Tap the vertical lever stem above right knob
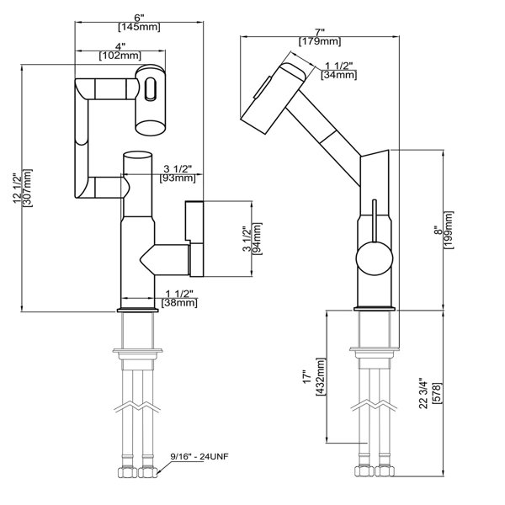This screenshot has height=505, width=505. [x=369, y=220]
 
